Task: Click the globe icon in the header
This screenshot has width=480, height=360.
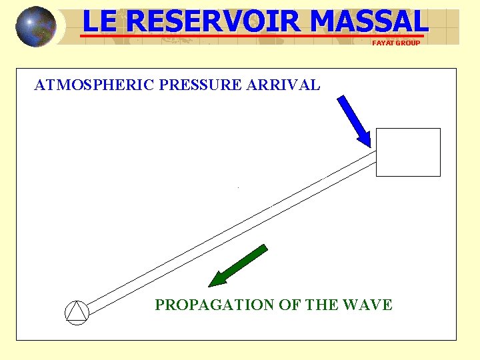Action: (35, 26)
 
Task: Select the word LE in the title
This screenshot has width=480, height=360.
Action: (100, 21)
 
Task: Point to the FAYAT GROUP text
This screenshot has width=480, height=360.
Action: (396, 43)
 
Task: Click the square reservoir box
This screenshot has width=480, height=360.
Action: (408, 152)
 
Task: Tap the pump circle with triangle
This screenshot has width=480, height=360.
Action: (77, 312)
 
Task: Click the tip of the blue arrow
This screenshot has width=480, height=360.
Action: (369, 145)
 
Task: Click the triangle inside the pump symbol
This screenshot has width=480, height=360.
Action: (77, 313)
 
